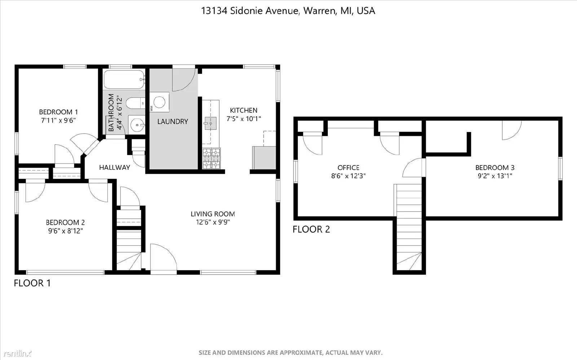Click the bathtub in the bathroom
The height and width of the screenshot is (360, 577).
124,79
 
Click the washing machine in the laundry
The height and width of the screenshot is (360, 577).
159,102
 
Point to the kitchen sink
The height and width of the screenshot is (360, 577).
210,123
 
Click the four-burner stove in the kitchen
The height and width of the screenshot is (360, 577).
211,159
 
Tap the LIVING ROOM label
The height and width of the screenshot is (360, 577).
213,214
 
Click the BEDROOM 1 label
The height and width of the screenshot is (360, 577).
58,112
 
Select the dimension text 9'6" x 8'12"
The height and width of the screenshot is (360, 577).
65,231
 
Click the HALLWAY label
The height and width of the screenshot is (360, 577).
114,167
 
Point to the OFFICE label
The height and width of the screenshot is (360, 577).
348,168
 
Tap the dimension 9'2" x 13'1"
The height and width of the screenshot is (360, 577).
494,176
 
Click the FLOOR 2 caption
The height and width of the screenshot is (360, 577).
311,229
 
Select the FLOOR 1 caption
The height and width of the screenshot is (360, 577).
32,283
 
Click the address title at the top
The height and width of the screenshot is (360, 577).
288,11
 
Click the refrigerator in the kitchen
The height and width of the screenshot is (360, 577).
264,157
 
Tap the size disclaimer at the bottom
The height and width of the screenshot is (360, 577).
290,352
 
